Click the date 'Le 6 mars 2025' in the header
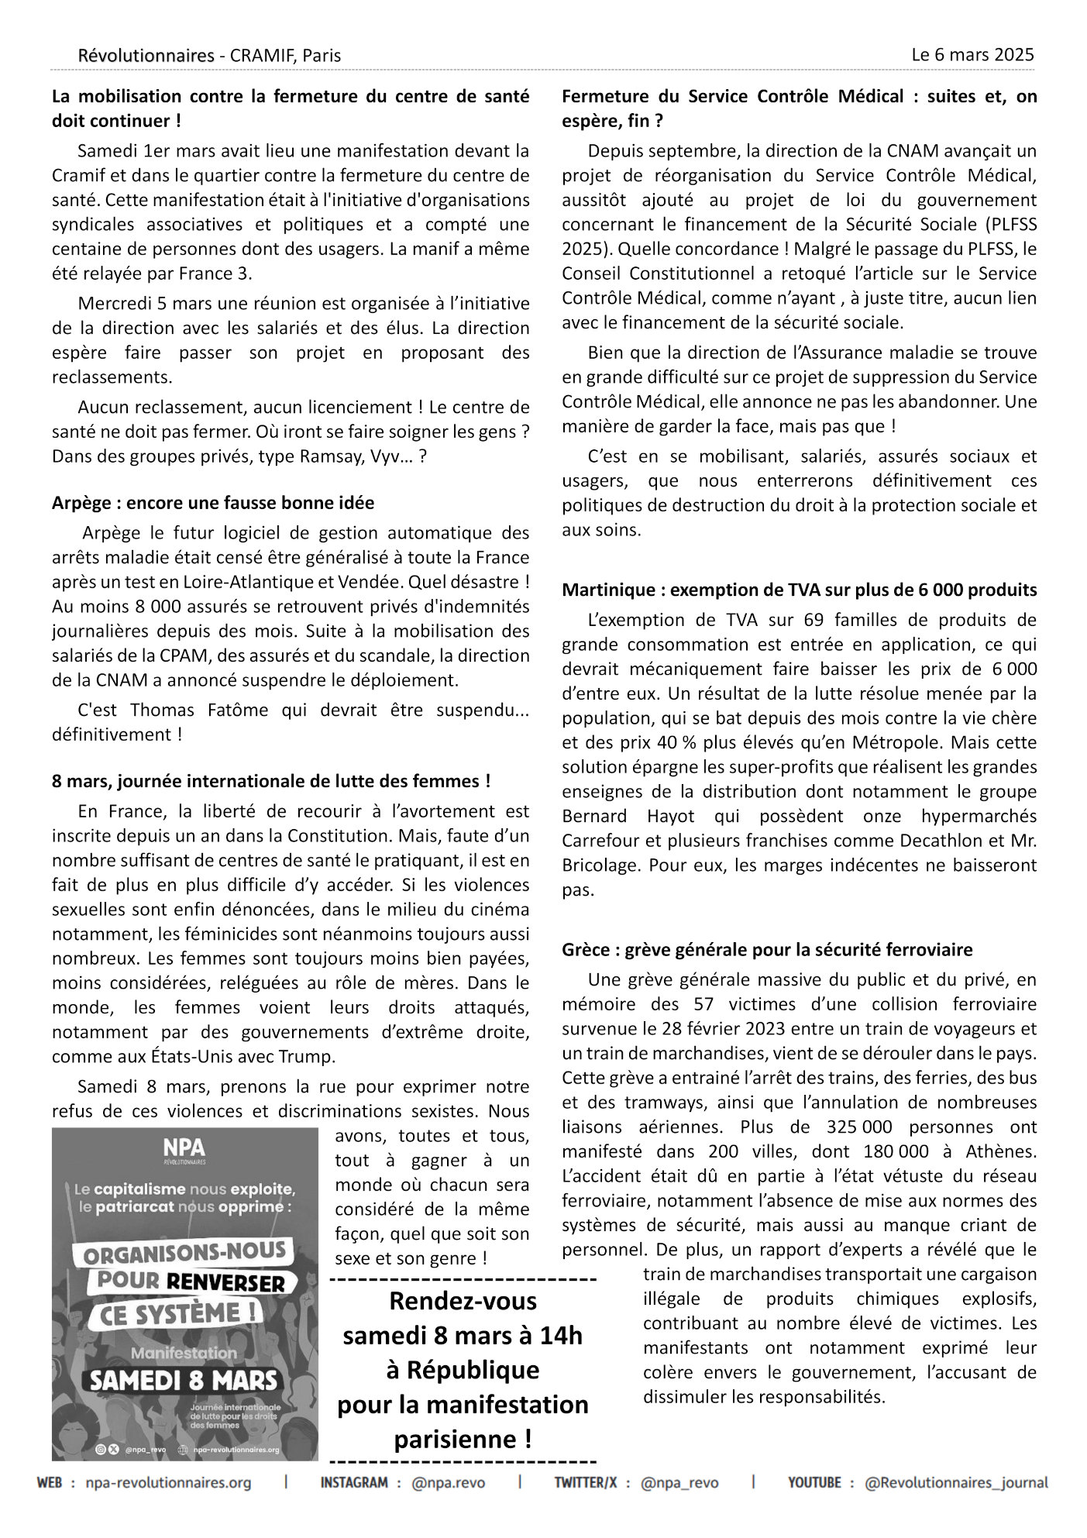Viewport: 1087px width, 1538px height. (x=972, y=55)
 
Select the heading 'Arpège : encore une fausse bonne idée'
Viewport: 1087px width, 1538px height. (x=213, y=503)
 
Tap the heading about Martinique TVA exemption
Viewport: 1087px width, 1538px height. (x=799, y=590)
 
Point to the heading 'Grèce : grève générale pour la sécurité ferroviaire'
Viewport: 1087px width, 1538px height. (x=767, y=949)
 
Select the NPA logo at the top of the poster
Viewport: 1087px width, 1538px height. (x=184, y=1149)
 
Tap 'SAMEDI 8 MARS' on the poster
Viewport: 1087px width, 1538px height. (x=184, y=1380)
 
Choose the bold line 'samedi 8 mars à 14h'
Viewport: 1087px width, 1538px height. (x=463, y=1336)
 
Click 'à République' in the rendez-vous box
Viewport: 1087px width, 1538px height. (x=463, y=1370)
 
